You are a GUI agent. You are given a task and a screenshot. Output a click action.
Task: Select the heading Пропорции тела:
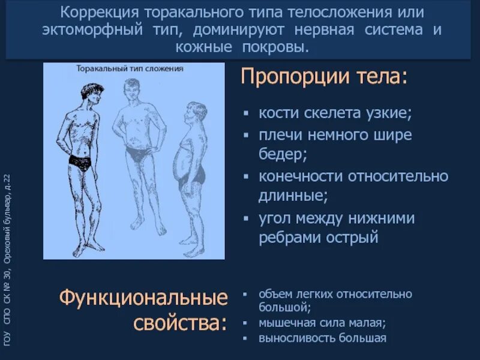[323, 77]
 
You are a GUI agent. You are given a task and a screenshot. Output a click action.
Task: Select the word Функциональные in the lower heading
[144, 298]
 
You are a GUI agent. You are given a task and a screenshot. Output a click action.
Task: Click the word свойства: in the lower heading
[180, 323]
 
